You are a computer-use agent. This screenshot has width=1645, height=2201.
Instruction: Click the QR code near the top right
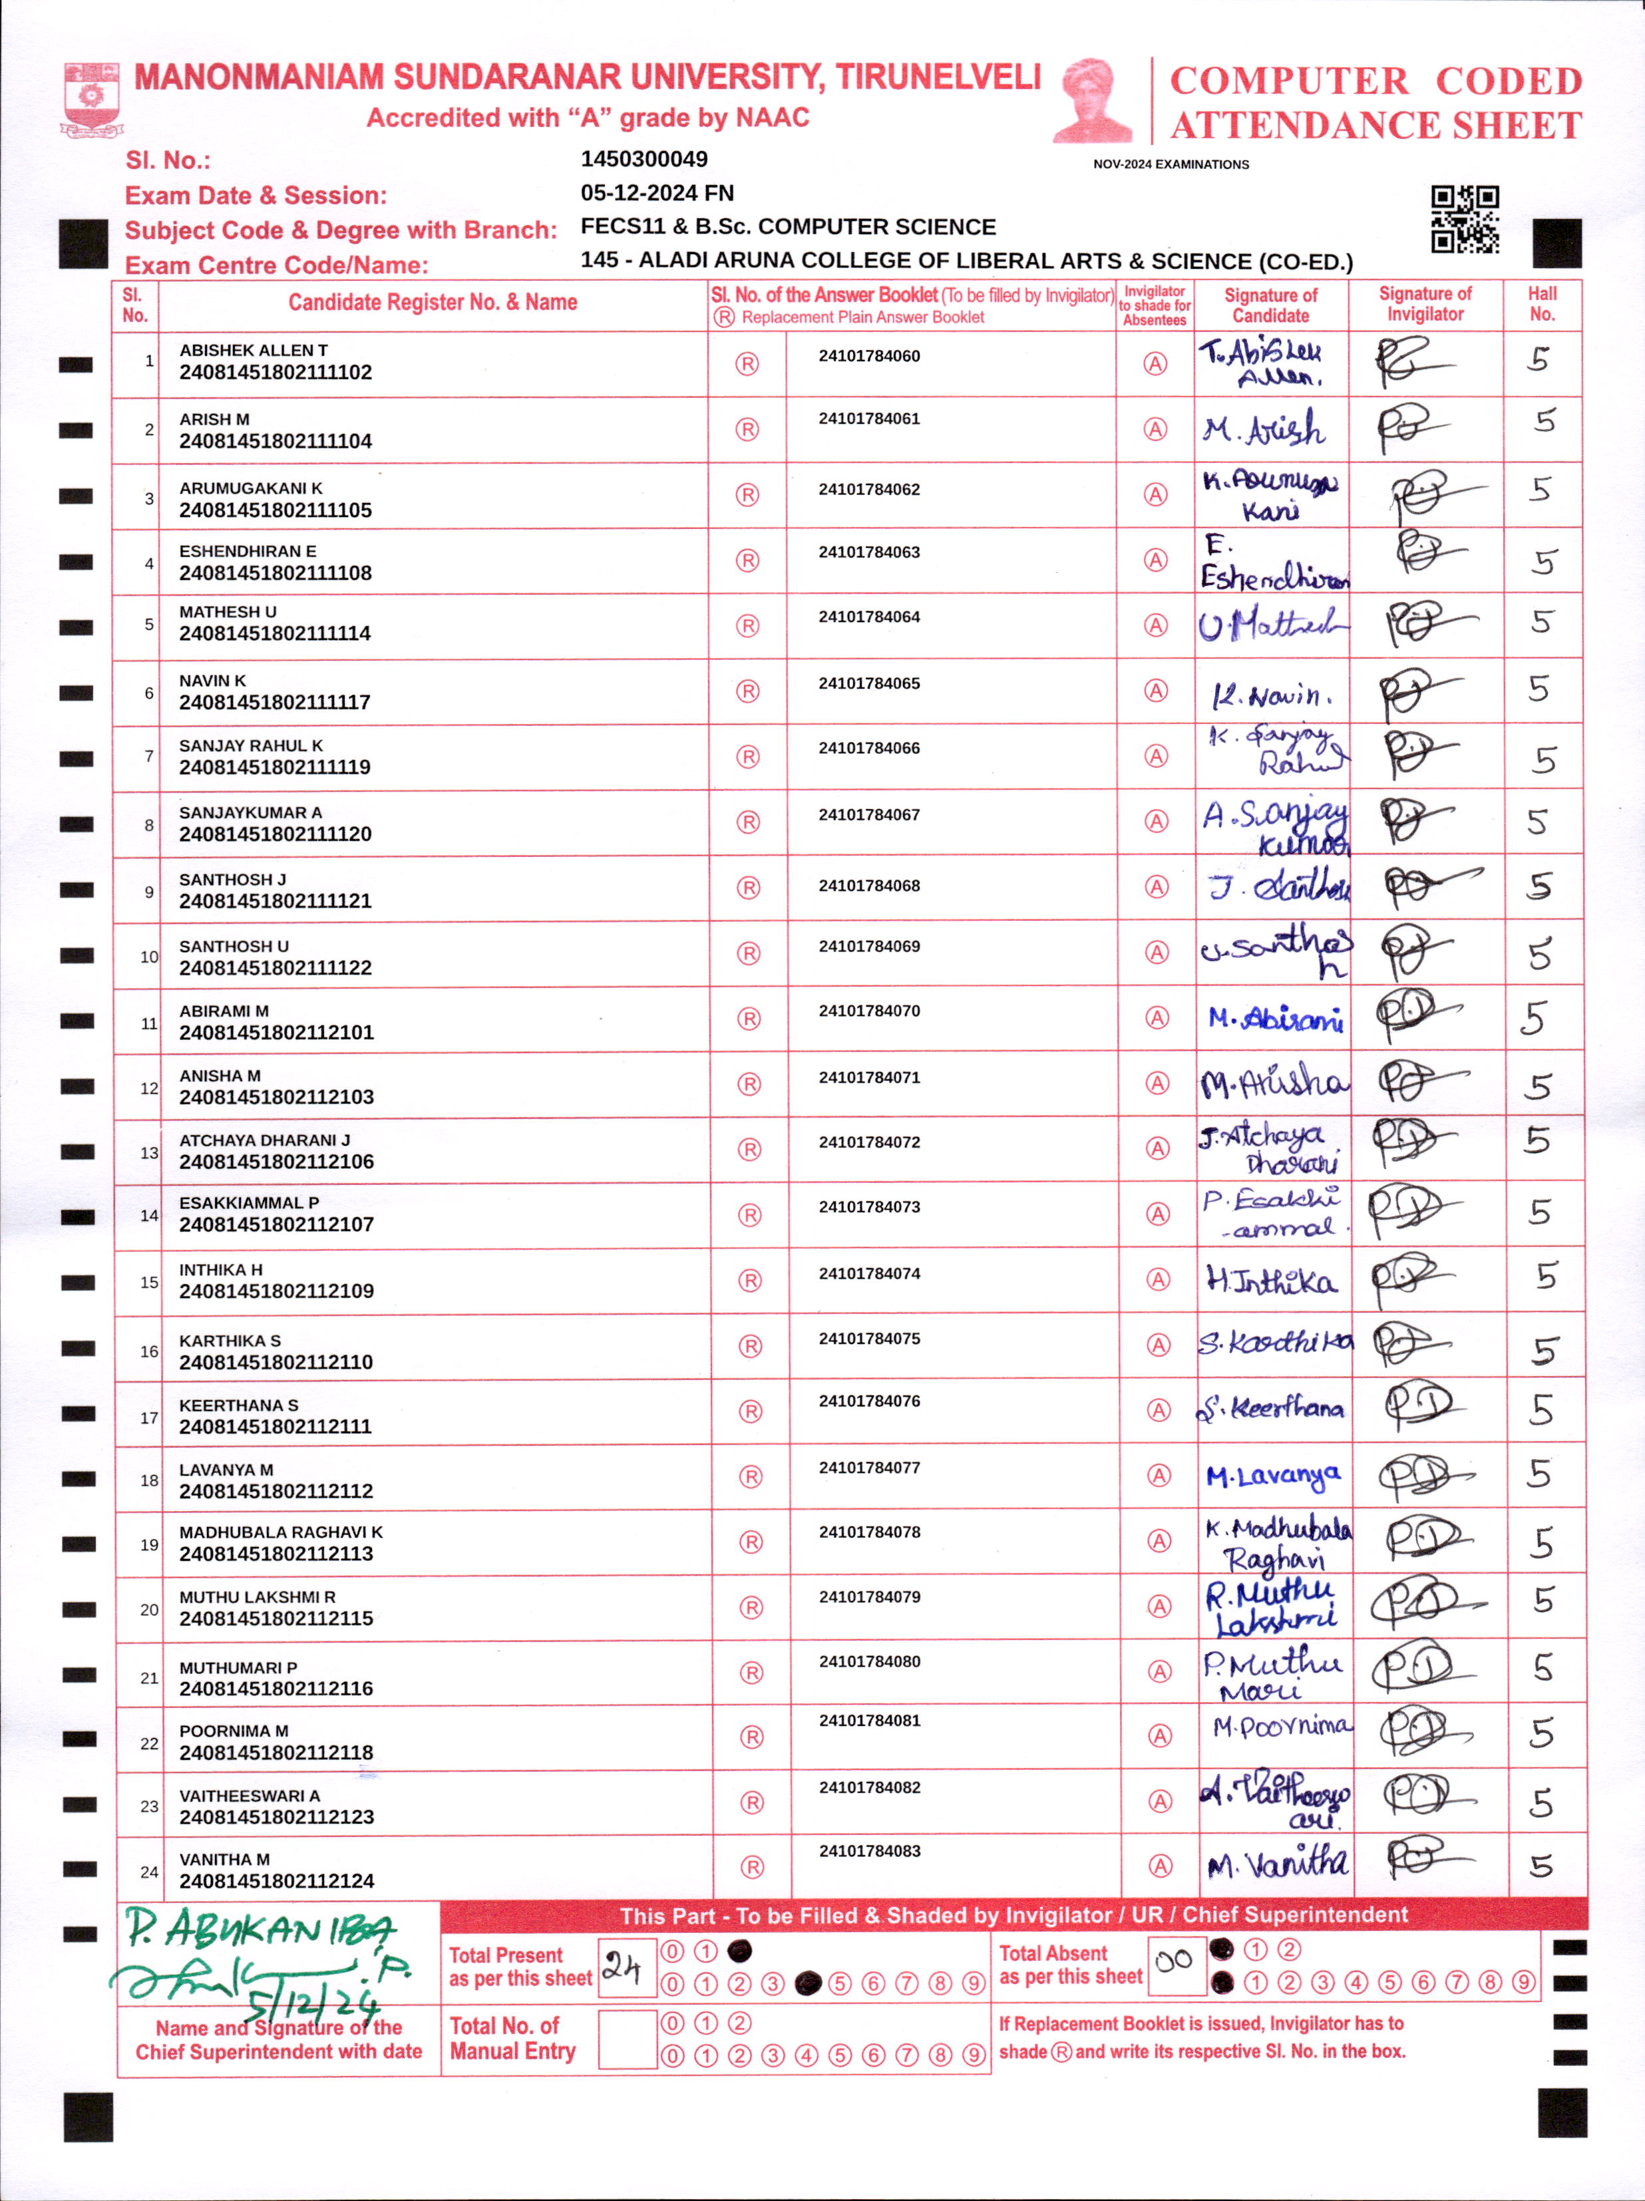pos(1464,219)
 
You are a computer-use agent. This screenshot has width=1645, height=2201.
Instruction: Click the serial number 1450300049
pos(644,159)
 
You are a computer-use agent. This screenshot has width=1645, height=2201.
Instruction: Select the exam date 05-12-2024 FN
pos(657,193)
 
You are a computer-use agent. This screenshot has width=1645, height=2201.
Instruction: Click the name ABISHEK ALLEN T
pos(253,350)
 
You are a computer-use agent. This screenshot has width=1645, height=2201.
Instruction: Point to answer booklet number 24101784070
pos(869,1011)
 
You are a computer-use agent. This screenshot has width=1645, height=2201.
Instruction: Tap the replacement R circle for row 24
pos(753,1868)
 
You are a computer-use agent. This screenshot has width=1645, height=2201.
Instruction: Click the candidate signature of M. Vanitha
pos(1277,1863)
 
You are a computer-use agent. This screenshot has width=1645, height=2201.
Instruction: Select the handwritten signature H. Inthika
pos(1271,1281)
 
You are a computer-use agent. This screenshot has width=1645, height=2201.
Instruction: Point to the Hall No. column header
pos(1541,303)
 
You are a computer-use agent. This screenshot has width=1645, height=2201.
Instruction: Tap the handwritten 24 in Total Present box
pos(624,1966)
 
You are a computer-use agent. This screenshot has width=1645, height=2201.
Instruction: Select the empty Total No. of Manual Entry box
pos(626,2039)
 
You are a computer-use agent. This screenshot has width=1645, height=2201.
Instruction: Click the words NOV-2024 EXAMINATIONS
pos(1171,164)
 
